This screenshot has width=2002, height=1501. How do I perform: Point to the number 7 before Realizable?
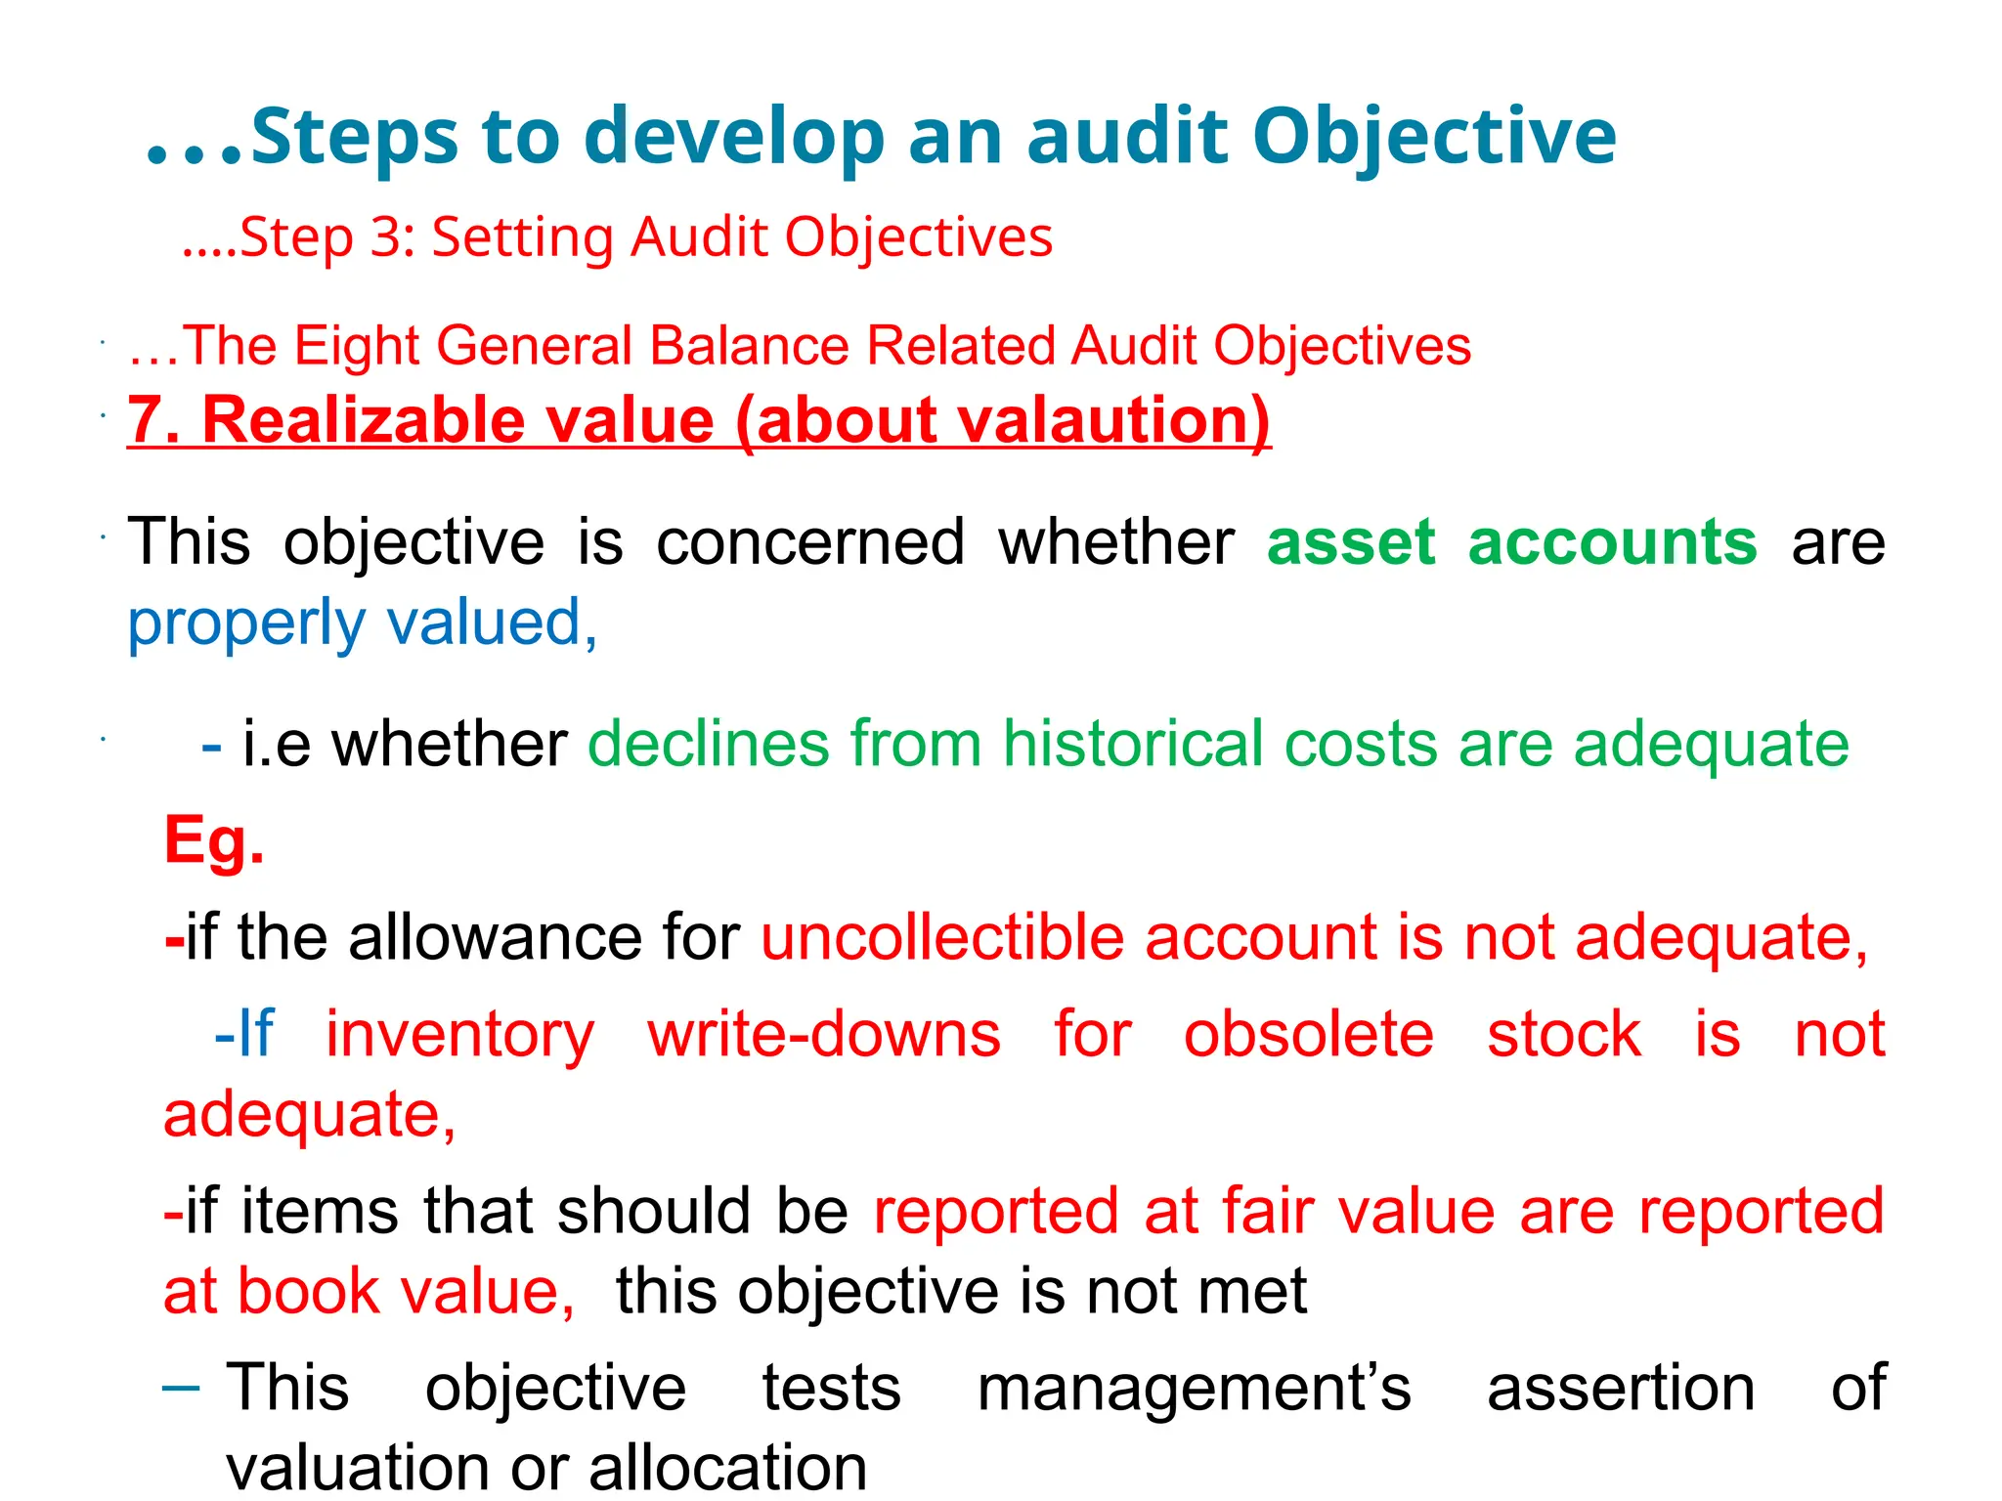(x=147, y=420)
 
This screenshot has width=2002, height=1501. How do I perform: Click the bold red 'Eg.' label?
(x=214, y=840)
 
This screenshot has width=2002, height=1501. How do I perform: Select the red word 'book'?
(x=308, y=1292)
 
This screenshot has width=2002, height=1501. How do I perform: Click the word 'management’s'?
(x=1194, y=1388)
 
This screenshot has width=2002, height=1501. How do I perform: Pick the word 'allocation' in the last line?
(x=727, y=1468)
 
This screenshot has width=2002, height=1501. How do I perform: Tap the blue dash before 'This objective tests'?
(x=181, y=1387)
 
